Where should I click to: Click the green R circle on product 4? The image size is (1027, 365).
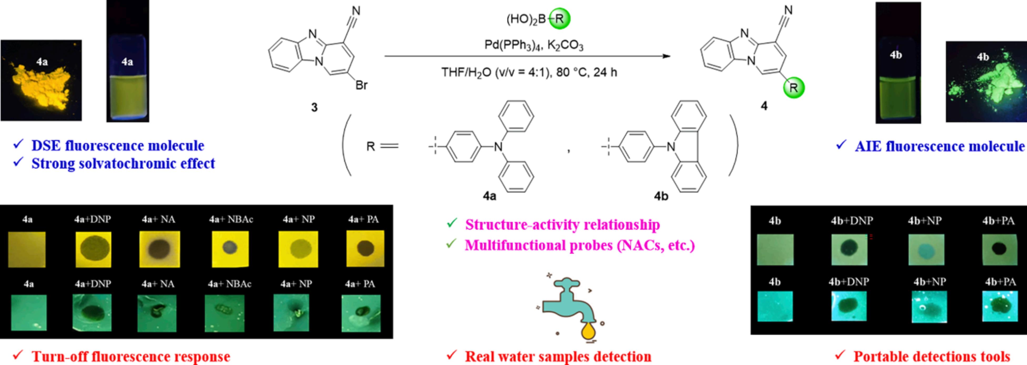[x=793, y=88]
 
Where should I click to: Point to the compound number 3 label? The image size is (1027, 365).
[x=314, y=107]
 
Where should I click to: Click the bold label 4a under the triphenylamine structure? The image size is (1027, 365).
[x=489, y=196]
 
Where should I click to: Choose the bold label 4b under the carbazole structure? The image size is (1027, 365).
[x=661, y=196]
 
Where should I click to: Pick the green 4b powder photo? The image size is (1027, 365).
[x=986, y=82]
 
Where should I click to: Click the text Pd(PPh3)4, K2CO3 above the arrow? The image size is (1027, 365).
[x=533, y=45]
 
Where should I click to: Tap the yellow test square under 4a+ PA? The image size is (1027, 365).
[x=365, y=249]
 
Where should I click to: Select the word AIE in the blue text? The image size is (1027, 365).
[x=868, y=147]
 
